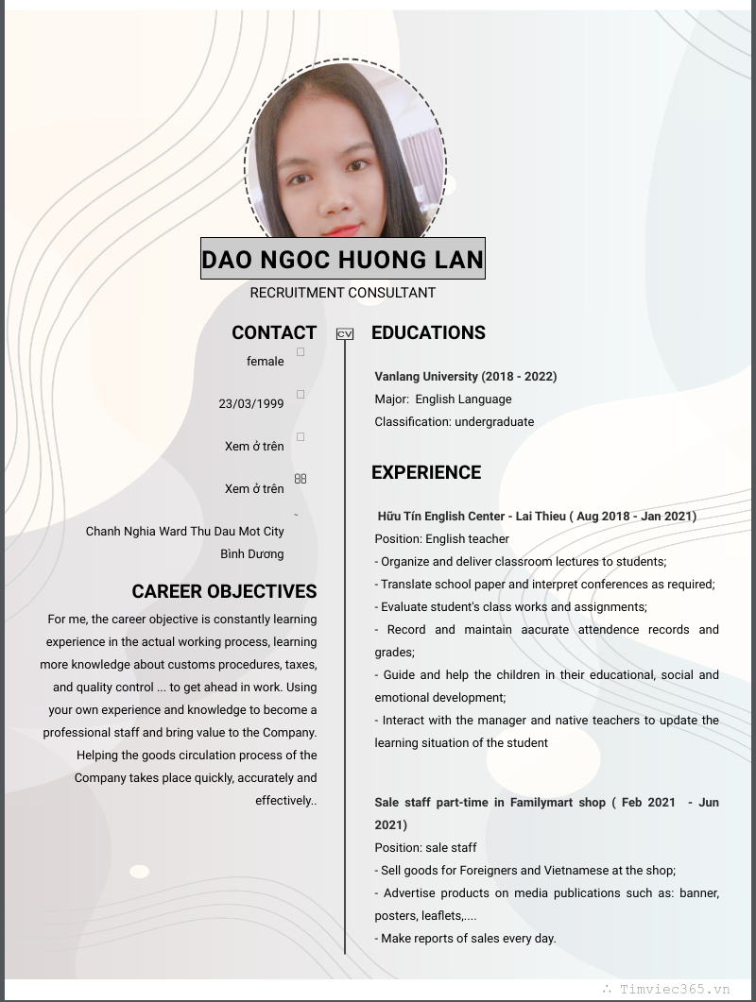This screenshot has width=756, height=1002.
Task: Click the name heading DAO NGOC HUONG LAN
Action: pyautogui.click(x=342, y=259)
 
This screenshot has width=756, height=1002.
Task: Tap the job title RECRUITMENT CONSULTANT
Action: pyautogui.click(x=342, y=293)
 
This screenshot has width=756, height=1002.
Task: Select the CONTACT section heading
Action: pyautogui.click(x=274, y=332)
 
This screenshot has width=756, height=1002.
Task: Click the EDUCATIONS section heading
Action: pyautogui.click(x=428, y=332)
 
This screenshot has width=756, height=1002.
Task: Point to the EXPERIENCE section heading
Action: pyautogui.click(x=426, y=472)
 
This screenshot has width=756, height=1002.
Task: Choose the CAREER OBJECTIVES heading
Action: pyautogui.click(x=224, y=591)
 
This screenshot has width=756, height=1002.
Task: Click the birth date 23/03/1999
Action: pyautogui.click(x=251, y=403)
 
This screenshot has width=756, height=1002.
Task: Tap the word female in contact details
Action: pyautogui.click(x=265, y=361)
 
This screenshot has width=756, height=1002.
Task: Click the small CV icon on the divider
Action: pyautogui.click(x=345, y=333)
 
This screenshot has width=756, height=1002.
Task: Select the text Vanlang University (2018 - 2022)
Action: pyautogui.click(x=466, y=376)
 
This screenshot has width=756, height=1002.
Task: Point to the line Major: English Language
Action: pyautogui.click(x=443, y=399)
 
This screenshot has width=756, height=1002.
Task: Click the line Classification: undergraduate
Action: pyautogui.click(x=455, y=421)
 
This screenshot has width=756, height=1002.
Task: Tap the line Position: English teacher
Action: pyautogui.click(x=442, y=538)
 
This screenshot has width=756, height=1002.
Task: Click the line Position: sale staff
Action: pyautogui.click(x=425, y=847)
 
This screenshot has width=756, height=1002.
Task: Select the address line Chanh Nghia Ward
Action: pyautogui.click(x=185, y=531)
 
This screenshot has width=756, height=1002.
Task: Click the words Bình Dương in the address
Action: pyautogui.click(x=252, y=553)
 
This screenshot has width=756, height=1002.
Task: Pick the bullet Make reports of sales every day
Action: pyautogui.click(x=466, y=938)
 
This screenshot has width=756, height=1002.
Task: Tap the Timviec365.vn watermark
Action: pyautogui.click(x=674, y=989)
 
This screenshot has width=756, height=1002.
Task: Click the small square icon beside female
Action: pyautogui.click(x=301, y=352)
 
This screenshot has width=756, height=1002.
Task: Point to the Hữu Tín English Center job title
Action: pyautogui.click(x=537, y=516)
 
